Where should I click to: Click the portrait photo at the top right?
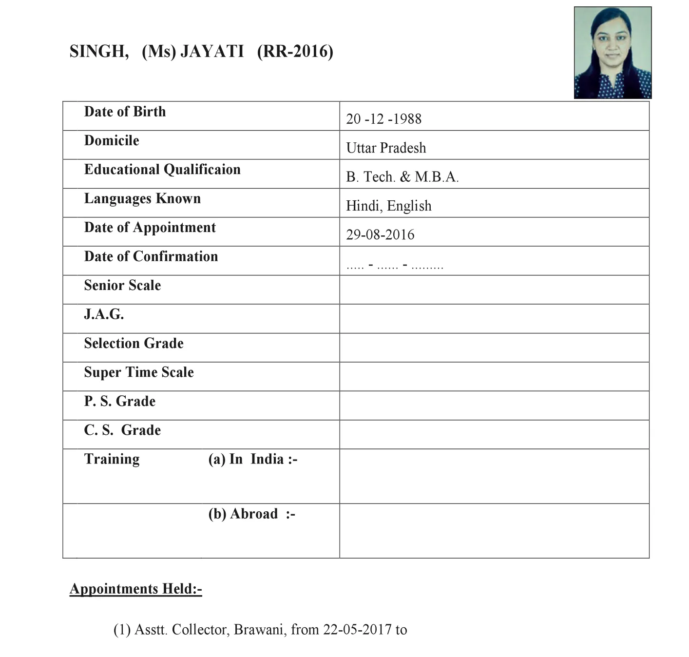click(612, 53)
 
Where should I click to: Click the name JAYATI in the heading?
click(212, 51)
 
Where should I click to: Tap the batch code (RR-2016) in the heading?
click(295, 51)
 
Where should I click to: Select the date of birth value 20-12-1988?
click(383, 119)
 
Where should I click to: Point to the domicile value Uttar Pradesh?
click(386, 148)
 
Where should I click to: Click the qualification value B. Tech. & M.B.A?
click(402, 176)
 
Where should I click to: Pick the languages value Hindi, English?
click(388, 206)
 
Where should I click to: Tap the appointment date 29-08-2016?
click(380, 234)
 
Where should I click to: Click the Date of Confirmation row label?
click(151, 256)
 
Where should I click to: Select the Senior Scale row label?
click(122, 285)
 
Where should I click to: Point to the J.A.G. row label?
click(104, 314)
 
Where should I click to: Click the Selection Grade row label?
click(134, 343)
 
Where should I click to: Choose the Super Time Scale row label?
click(139, 372)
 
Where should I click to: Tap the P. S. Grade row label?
click(119, 401)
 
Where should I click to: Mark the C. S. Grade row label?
click(122, 430)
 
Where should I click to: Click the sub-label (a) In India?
click(252, 459)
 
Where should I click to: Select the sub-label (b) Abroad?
click(251, 514)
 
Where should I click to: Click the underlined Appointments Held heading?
click(135, 589)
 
